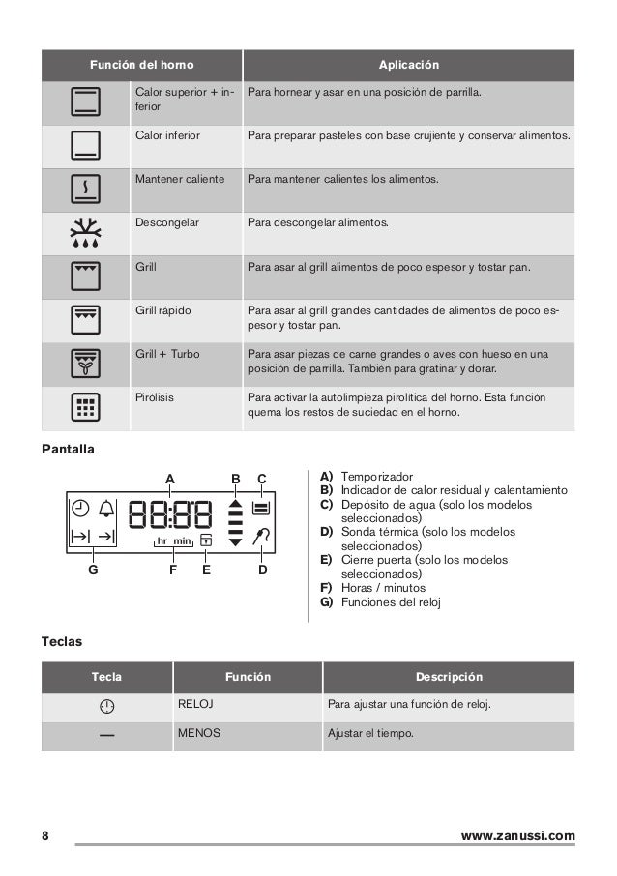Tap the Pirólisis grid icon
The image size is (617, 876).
point(85,408)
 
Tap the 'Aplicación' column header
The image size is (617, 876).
point(408,65)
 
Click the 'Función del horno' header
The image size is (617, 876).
point(141,65)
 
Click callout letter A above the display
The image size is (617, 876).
point(170,479)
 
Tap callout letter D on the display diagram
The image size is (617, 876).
point(262,570)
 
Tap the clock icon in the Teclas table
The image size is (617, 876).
point(106,705)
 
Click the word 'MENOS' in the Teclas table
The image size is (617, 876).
point(198,734)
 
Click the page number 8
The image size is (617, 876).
point(45,835)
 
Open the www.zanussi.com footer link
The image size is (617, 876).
point(518,835)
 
